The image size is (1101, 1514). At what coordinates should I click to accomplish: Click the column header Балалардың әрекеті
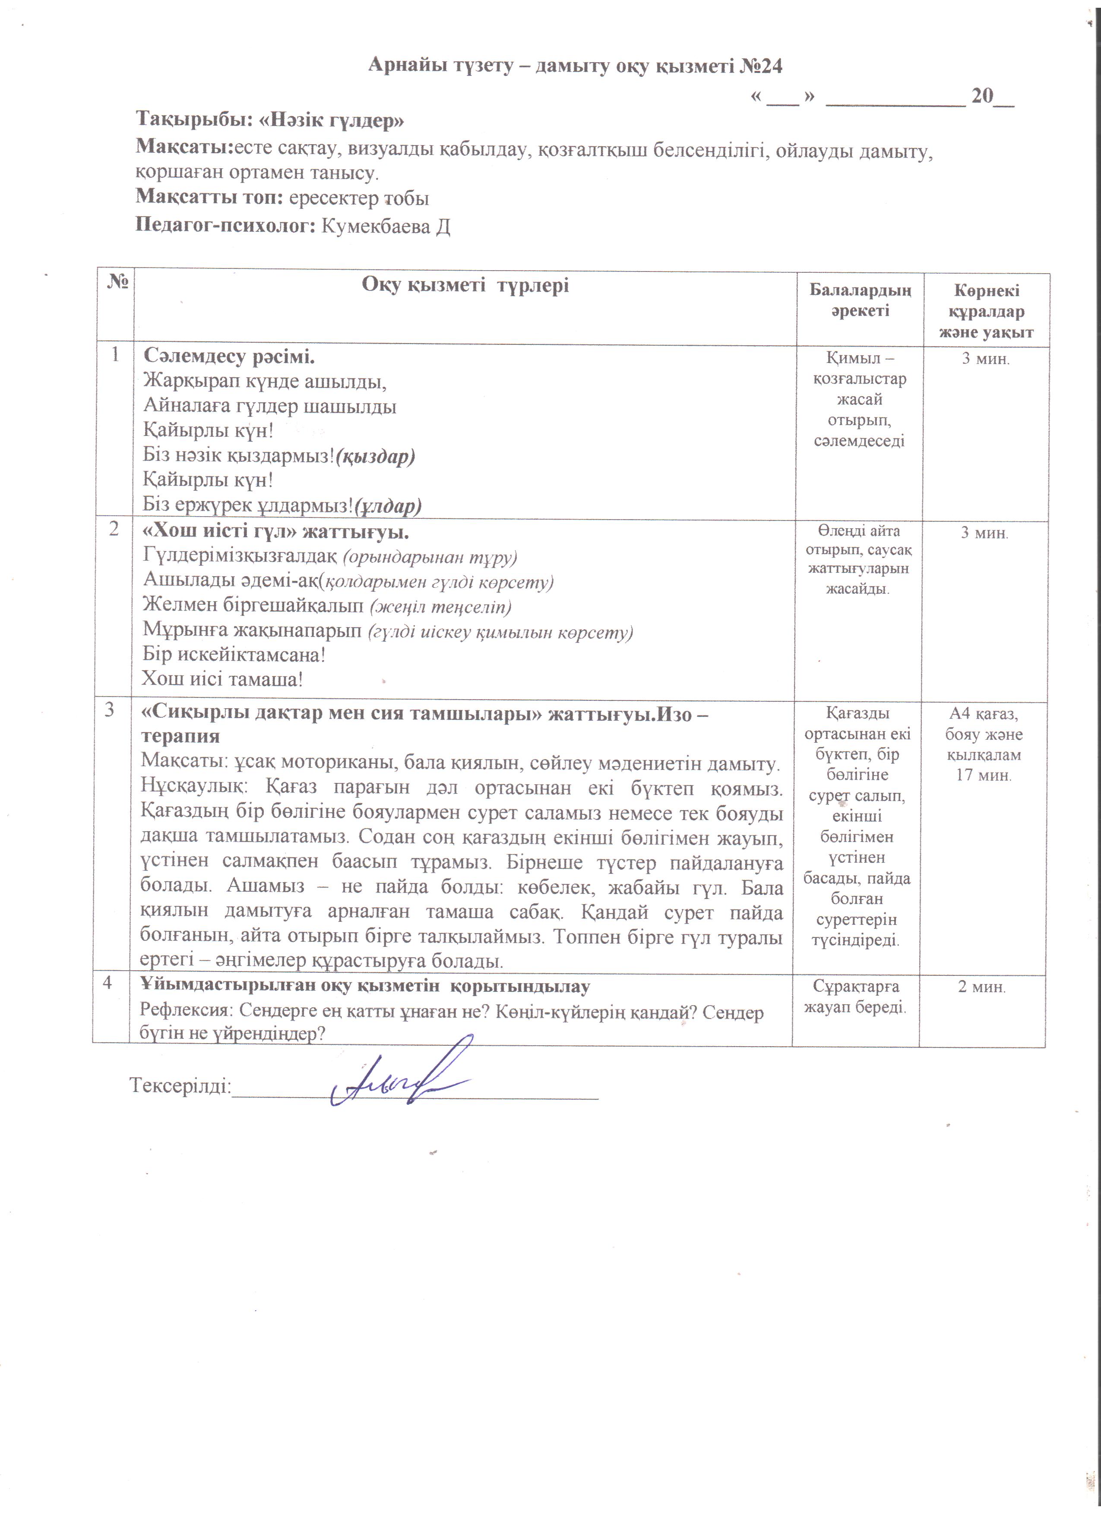click(x=860, y=300)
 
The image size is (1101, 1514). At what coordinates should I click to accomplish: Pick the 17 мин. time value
click(x=984, y=775)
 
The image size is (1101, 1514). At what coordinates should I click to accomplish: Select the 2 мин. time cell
click(x=981, y=987)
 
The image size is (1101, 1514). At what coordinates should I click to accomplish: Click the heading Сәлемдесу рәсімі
click(x=229, y=356)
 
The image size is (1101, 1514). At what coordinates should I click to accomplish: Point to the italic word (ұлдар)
click(x=388, y=506)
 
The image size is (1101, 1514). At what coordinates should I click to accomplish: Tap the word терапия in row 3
click(x=180, y=736)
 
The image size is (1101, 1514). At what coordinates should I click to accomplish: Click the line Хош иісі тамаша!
click(x=222, y=680)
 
